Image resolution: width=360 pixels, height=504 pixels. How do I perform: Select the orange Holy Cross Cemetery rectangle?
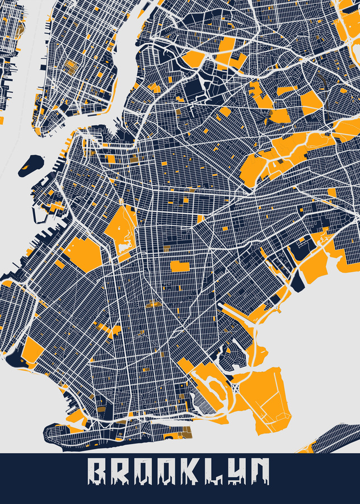pyautogui.click(x=180, y=265)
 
